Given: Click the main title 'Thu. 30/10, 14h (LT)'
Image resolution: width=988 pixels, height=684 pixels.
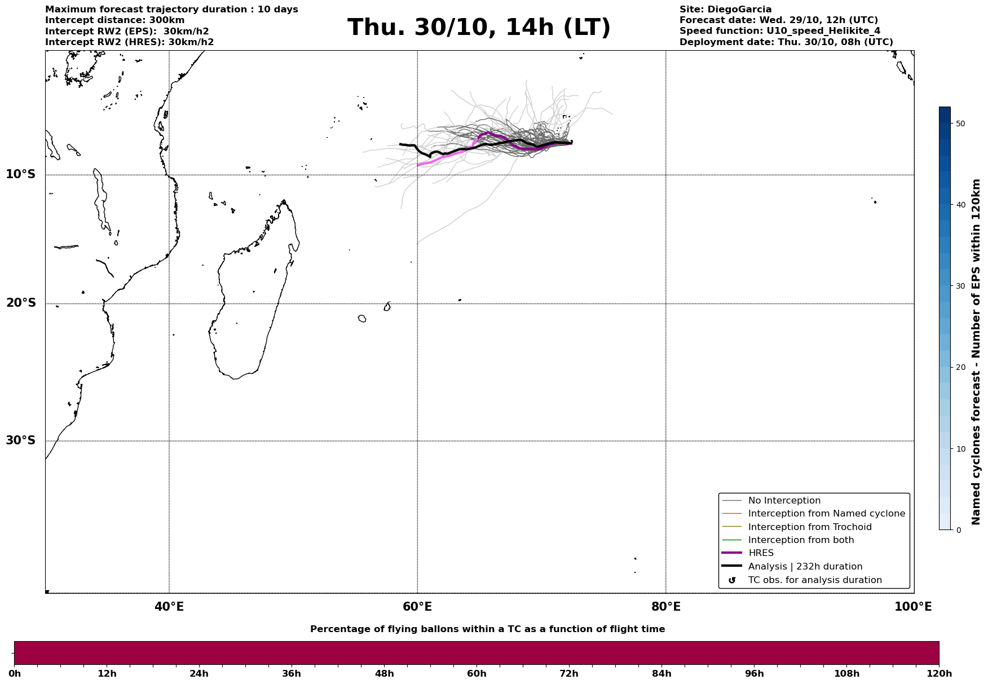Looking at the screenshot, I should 479,28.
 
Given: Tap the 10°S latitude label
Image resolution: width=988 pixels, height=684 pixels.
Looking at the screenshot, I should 21,174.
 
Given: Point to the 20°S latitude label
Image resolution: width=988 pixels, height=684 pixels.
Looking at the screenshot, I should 21,303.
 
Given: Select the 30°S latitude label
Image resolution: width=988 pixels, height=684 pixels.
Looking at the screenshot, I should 21,440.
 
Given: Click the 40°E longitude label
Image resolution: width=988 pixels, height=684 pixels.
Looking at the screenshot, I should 169,607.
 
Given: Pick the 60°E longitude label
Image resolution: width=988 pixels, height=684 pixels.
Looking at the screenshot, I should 417,607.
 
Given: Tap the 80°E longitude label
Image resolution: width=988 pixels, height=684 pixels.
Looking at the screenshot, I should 665,607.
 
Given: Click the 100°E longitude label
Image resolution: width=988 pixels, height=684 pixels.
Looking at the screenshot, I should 913,607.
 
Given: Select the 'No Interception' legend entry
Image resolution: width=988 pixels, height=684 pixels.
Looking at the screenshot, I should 784,501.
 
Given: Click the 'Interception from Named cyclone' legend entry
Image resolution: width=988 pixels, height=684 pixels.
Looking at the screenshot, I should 826,514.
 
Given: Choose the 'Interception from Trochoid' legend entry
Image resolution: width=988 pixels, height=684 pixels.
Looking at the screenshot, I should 809,527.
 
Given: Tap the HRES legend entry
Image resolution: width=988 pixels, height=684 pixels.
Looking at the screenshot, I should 761,553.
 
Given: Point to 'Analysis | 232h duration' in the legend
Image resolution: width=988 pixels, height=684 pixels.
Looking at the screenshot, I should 805,567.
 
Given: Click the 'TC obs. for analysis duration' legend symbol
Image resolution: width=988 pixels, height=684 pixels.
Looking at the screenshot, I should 732,580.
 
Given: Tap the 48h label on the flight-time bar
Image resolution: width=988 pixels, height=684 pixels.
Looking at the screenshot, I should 385,674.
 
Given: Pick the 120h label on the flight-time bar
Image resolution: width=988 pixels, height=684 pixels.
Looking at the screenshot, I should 939,674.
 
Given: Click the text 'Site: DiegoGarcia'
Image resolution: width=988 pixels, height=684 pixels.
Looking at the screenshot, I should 725,10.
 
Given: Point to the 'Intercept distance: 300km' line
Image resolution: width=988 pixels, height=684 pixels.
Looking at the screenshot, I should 114,20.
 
